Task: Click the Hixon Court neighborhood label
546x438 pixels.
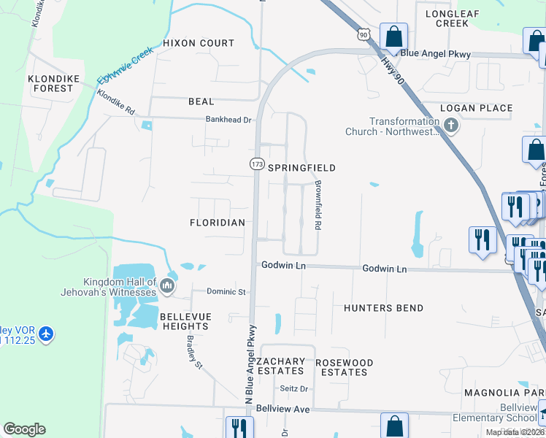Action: coord(199,44)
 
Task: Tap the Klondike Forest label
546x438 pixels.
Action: coord(50,83)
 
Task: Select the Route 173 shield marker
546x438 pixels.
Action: coord(257,164)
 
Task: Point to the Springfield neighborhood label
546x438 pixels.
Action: coord(301,168)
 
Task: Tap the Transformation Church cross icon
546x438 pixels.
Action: coord(451,126)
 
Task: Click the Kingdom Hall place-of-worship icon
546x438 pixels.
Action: coord(167,285)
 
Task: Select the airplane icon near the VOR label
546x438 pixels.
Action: coord(46,334)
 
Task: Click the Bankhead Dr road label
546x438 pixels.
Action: coord(228,120)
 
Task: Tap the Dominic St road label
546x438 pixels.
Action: coord(226,292)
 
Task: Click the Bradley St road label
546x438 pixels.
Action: coord(193,353)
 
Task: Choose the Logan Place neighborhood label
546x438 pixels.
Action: coord(477,108)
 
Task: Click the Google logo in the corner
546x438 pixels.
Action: coord(24,429)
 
